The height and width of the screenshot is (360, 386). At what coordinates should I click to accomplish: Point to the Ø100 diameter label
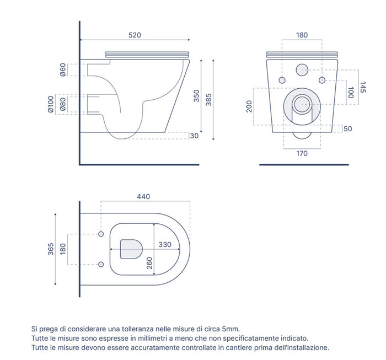coord(50,104)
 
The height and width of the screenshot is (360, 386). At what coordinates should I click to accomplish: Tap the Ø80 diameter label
coord(63,104)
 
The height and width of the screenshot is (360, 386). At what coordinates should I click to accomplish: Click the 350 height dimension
coord(196,96)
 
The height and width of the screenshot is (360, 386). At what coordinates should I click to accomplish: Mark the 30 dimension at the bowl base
coord(194,136)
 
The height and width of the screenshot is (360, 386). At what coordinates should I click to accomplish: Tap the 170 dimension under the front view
coord(302,154)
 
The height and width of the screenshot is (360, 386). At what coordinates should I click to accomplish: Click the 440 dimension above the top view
coord(143,197)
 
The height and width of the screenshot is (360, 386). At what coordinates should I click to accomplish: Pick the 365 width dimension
coord(51,249)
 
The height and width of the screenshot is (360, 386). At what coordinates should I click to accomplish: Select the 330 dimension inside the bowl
coord(165,244)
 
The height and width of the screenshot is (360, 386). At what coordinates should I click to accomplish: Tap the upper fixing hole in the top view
coord(101,234)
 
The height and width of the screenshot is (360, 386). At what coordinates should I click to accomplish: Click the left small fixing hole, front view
coord(283,80)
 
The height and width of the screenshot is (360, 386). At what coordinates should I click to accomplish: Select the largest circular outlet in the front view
coord(302,103)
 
